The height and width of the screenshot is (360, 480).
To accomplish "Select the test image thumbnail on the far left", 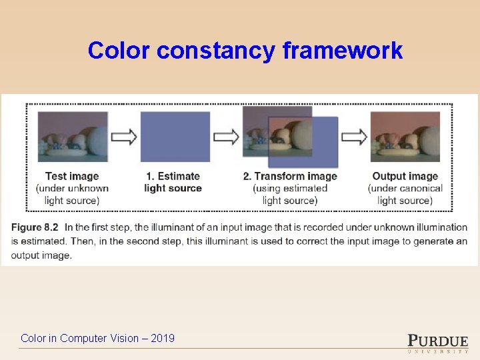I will pyautogui.click(x=73, y=136).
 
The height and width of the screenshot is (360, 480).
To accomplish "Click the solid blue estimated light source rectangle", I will pyautogui.click(x=175, y=136).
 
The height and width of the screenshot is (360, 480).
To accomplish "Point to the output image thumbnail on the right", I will pyautogui.click(x=405, y=136).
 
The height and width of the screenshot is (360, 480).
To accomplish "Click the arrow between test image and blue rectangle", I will pyautogui.click(x=124, y=137).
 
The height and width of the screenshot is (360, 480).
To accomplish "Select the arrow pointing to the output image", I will pyautogui.click(x=354, y=137).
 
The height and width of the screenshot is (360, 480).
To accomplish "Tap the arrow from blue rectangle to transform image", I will pyautogui.click(x=226, y=137).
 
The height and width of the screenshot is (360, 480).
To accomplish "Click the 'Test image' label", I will pyautogui.click(x=72, y=176).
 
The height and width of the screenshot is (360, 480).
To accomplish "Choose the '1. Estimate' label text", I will pyautogui.click(x=173, y=176).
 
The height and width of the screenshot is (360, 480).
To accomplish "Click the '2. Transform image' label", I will pyautogui.click(x=290, y=176).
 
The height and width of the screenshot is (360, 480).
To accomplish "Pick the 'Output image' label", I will pyautogui.click(x=405, y=176).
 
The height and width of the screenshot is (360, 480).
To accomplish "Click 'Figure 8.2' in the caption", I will pyautogui.click(x=35, y=227).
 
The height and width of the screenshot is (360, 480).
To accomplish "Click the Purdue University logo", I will pyautogui.click(x=437, y=341).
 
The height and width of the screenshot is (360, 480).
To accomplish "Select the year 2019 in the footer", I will pyautogui.click(x=163, y=338).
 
